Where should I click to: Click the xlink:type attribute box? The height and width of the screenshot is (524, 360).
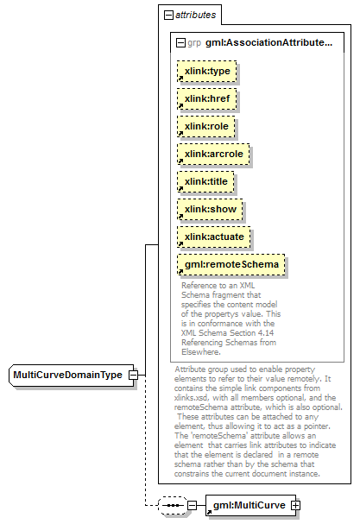(207, 71)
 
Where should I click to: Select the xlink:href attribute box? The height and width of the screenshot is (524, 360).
(207, 99)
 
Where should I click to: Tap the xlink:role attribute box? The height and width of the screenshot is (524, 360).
(206, 126)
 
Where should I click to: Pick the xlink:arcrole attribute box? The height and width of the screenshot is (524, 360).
(213, 154)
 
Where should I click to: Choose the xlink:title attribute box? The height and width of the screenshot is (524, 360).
(205, 181)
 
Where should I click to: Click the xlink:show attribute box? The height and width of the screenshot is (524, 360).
(210, 209)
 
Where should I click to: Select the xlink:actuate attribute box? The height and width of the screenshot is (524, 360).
(213, 237)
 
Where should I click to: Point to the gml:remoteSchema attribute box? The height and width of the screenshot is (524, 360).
(231, 265)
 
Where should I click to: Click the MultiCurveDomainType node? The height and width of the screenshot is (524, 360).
(71, 376)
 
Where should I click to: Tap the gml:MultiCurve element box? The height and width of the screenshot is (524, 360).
(250, 505)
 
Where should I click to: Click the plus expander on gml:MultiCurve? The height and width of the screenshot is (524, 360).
(295, 505)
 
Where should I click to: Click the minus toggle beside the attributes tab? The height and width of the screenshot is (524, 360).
(169, 15)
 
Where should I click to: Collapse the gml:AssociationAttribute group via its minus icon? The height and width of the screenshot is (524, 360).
(180, 43)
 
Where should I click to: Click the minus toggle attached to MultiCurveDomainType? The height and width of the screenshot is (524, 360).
(133, 375)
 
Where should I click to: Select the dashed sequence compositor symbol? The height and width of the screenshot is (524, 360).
(173, 505)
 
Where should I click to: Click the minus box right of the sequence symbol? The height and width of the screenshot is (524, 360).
(192, 505)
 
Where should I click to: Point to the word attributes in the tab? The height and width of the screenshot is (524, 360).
(196, 15)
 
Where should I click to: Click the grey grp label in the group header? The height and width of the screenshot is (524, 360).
(194, 43)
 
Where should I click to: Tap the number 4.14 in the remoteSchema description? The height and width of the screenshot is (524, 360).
(265, 333)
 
